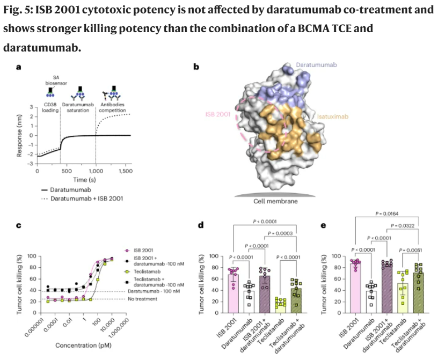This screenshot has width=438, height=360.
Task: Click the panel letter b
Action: tap(196, 67)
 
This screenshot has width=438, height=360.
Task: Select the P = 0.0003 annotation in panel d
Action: tap(277, 233)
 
